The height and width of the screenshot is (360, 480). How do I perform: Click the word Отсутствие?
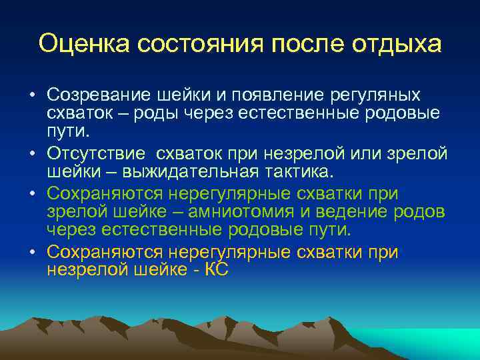pyautogui.click(x=95, y=154)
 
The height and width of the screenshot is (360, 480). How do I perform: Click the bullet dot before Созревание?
pyautogui.click(x=32, y=95)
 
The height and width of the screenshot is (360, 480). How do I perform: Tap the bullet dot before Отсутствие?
pyautogui.click(x=32, y=154)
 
